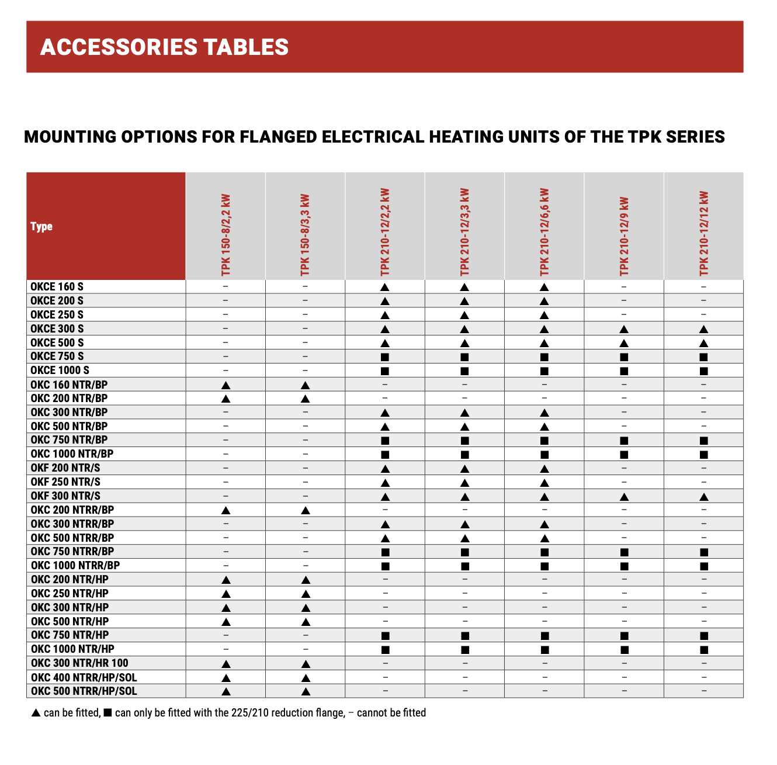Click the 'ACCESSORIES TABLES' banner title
click(164, 47)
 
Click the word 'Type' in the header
click(41, 226)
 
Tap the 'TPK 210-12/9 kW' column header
click(624, 236)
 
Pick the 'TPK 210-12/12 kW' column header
click(703, 233)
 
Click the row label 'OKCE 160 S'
click(57, 287)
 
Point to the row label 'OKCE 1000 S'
click(60, 371)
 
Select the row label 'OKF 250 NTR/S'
click(65, 482)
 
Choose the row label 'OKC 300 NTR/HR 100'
click(79, 663)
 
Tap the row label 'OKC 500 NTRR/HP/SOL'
click(84, 691)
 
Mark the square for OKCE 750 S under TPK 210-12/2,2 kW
click(385, 357)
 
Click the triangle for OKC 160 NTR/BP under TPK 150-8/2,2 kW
click(226, 385)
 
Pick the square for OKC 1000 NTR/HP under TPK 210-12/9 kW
click(624, 650)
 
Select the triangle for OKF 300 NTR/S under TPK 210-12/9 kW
click(624, 497)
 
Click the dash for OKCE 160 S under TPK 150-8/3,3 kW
click(305, 287)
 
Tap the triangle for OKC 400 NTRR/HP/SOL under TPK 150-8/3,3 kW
click(305, 678)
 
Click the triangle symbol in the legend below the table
click(36, 713)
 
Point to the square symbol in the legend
click(107, 713)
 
